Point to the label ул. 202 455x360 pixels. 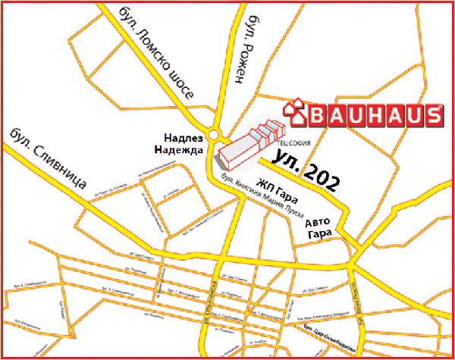(306, 170)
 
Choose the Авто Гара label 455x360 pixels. (319, 229)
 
